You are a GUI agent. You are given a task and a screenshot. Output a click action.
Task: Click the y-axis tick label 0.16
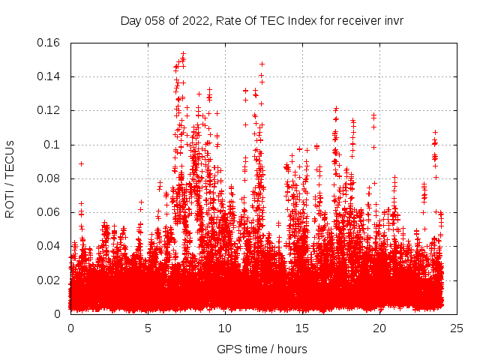pos(49,43)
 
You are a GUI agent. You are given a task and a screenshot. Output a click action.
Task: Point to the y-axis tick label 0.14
pos(49,76)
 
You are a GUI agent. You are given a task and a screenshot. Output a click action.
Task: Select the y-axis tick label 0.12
pos(49,110)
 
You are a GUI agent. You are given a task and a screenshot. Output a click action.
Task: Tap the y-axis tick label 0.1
pos(52,145)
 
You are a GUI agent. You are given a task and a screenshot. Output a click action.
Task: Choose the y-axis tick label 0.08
pos(49,178)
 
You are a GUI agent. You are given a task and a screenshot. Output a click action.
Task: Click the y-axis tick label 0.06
pos(49,212)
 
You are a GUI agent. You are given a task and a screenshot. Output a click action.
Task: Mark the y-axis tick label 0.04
pos(49,246)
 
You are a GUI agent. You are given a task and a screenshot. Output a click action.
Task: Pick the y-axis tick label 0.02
pos(49,280)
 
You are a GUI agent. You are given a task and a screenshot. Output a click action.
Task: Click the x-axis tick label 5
pos(148,328)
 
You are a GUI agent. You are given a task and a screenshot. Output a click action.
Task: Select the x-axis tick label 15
pos(302,328)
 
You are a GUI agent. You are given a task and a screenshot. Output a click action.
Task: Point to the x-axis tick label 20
pos(379,328)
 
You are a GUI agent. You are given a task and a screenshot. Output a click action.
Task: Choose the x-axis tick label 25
pos(457,328)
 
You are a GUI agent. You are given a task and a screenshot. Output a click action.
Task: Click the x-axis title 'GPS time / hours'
pos(262,349)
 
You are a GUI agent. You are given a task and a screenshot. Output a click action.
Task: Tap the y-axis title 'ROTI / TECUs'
pos(10,178)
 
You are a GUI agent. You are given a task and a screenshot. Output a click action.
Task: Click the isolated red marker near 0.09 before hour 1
pos(81,163)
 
